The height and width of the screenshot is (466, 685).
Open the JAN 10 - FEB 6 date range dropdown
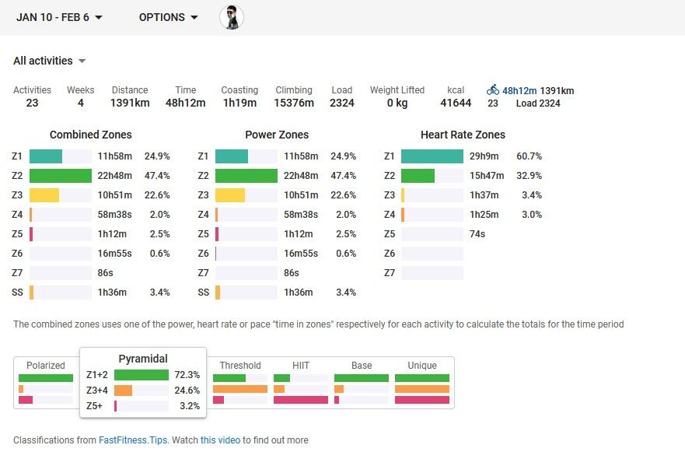click(59, 17)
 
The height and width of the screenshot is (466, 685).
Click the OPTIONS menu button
click(168, 17)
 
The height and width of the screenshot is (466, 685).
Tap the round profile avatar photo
click(232, 17)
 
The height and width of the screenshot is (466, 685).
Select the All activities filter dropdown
click(49, 61)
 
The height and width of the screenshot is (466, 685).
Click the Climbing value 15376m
click(294, 103)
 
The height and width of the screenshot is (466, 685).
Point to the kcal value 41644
click(456, 103)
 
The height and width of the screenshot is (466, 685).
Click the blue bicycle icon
click(493, 90)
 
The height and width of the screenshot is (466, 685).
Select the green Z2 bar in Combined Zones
click(60, 175)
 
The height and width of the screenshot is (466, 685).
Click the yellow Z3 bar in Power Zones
click(230, 194)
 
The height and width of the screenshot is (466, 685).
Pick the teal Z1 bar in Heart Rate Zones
click(432, 156)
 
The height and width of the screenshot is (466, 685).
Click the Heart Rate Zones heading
click(463, 135)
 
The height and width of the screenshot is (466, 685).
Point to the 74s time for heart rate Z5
click(477, 233)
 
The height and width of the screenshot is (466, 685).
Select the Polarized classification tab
click(46, 366)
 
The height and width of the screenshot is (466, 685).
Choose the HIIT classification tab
click(301, 366)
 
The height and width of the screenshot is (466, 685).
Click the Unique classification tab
click(422, 366)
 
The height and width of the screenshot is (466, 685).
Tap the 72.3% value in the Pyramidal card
click(187, 375)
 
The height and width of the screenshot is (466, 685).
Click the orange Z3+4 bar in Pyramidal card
click(124, 391)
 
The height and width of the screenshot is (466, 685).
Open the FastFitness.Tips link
click(133, 440)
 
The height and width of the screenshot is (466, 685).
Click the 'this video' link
click(220, 440)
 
